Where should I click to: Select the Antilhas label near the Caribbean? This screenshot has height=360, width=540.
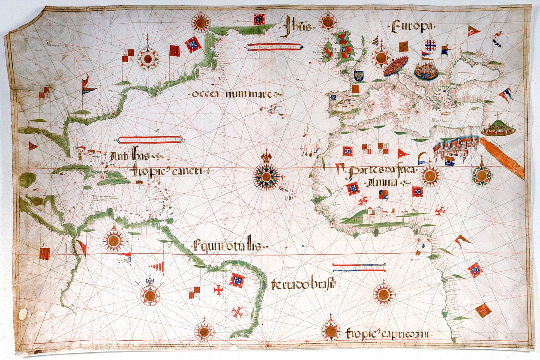coord(130,156)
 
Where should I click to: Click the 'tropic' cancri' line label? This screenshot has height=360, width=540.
coord(170,171)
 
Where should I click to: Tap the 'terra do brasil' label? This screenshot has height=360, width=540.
coord(303,284)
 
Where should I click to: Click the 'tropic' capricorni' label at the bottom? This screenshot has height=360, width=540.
coord(388,334)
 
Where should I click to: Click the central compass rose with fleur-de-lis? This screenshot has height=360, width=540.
coord(266,175)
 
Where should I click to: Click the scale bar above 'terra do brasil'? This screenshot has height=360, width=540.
coord(359,267)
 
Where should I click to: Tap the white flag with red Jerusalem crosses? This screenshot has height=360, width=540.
coord(430,45)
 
